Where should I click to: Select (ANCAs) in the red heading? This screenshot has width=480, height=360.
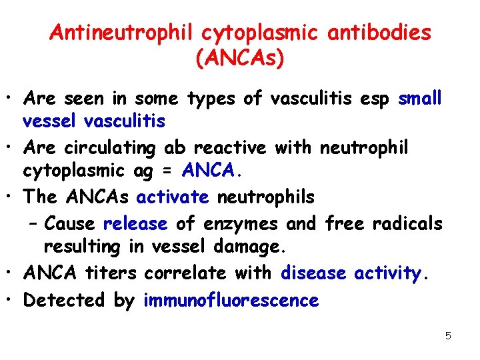coord(240,59)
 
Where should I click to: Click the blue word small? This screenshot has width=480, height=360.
coord(420,99)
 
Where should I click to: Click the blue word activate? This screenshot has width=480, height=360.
coord(173,197)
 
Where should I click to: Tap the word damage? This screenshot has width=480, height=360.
coord(250,247)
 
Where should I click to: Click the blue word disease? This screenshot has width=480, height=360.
coord(314,272)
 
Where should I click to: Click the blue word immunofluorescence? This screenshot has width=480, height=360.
coord(231,300)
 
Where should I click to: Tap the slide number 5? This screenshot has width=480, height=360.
coord(448,335)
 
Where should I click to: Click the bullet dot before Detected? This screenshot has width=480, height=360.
coord(13,301)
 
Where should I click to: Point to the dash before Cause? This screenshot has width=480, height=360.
coord(33,223)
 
